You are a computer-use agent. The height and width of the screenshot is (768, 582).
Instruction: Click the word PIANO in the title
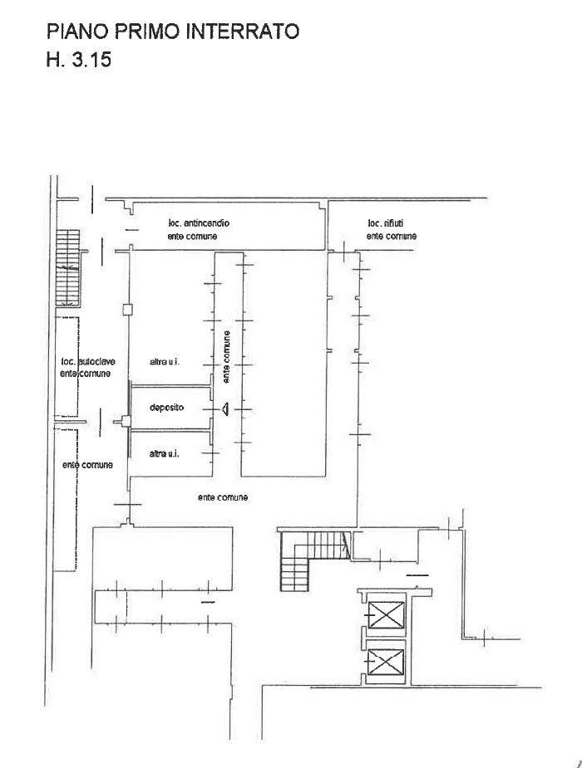coord(78,32)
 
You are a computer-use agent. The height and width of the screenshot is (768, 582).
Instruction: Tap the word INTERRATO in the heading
coord(243,32)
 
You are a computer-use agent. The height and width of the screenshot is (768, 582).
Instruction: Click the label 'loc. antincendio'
coord(199,223)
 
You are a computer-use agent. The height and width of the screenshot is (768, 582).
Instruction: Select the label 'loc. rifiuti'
coord(386,223)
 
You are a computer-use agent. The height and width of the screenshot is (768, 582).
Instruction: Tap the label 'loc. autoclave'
coord(88,362)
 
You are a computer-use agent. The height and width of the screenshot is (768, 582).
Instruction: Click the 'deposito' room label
coord(167,408)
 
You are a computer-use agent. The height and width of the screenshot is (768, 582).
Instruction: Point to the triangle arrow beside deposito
coord(225,408)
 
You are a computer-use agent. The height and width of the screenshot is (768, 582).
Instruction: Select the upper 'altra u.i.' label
coord(165,362)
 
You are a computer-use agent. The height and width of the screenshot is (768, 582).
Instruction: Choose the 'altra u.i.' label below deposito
coord(165,454)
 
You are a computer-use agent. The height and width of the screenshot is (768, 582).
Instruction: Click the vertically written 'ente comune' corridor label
coord(226,357)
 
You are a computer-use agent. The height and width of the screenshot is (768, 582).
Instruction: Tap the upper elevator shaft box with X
coord(386,614)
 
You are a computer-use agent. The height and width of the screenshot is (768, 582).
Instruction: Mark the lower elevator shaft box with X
coord(386,662)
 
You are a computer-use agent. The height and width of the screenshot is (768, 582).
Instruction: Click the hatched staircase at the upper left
coord(67,267)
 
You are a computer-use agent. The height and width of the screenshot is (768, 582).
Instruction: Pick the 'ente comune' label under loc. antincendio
coord(192,236)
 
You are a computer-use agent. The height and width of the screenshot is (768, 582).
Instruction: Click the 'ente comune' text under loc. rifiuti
coord(392,236)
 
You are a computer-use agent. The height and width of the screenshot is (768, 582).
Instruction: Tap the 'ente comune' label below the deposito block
coord(223,497)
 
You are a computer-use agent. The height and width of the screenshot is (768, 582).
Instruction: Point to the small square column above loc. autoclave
coord(127,309)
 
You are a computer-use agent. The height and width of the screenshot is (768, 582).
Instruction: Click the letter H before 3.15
coord(53,59)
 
